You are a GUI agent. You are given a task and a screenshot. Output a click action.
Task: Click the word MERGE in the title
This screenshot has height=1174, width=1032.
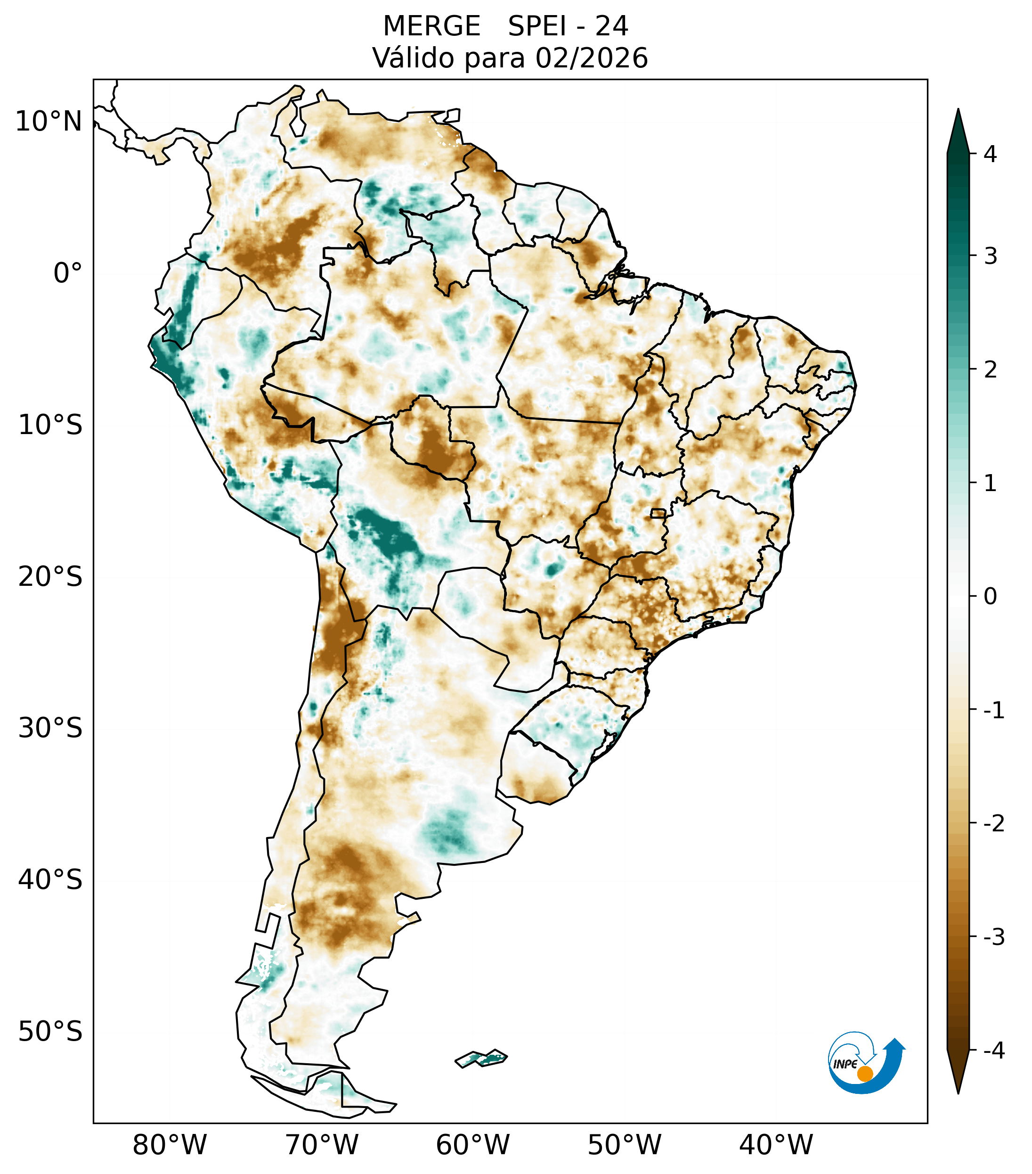click(x=431, y=26)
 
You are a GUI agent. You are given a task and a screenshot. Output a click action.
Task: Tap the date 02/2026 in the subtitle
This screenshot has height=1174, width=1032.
click(x=591, y=58)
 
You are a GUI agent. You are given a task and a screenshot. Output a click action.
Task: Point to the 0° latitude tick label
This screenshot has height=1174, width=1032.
click(x=68, y=273)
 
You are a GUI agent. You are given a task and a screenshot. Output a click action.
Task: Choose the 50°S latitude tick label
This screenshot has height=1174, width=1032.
click(x=50, y=1032)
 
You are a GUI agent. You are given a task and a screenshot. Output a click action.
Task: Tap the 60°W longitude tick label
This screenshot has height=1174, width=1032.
click(x=472, y=1144)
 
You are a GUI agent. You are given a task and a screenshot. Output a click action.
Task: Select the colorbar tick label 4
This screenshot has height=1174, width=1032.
click(x=990, y=154)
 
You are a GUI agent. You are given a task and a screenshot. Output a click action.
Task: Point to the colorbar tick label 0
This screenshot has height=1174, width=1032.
click(x=990, y=597)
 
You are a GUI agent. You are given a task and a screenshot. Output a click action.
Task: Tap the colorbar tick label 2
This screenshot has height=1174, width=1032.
click(x=990, y=370)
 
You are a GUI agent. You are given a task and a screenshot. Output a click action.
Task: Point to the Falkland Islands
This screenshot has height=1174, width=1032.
click(x=481, y=1058)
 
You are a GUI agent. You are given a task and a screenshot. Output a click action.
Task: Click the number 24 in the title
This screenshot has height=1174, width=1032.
click(x=611, y=26)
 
